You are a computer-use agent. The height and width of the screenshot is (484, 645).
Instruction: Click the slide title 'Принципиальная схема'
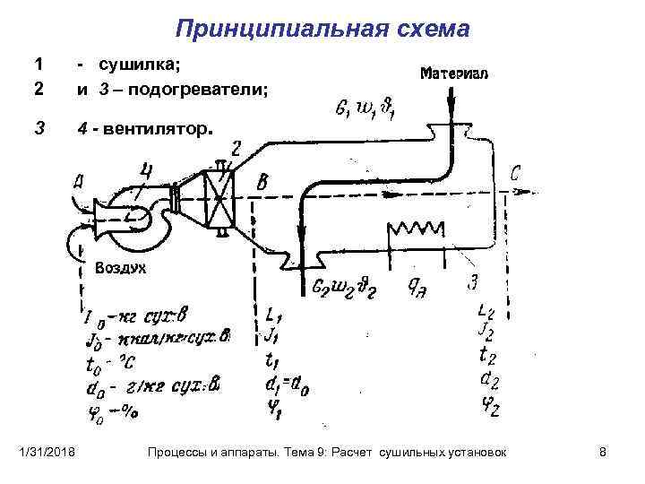click(x=322, y=29)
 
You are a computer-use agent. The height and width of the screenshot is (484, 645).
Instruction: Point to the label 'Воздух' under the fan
click(x=120, y=267)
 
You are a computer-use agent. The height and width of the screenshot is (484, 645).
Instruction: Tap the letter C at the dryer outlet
click(x=515, y=174)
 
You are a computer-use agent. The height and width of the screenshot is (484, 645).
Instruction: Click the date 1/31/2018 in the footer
click(x=49, y=454)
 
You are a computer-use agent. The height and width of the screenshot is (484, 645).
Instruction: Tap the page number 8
click(x=602, y=454)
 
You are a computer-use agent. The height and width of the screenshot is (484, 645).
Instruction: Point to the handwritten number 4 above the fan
click(x=145, y=169)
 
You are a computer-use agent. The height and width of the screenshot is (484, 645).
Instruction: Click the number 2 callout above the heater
click(x=236, y=149)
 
